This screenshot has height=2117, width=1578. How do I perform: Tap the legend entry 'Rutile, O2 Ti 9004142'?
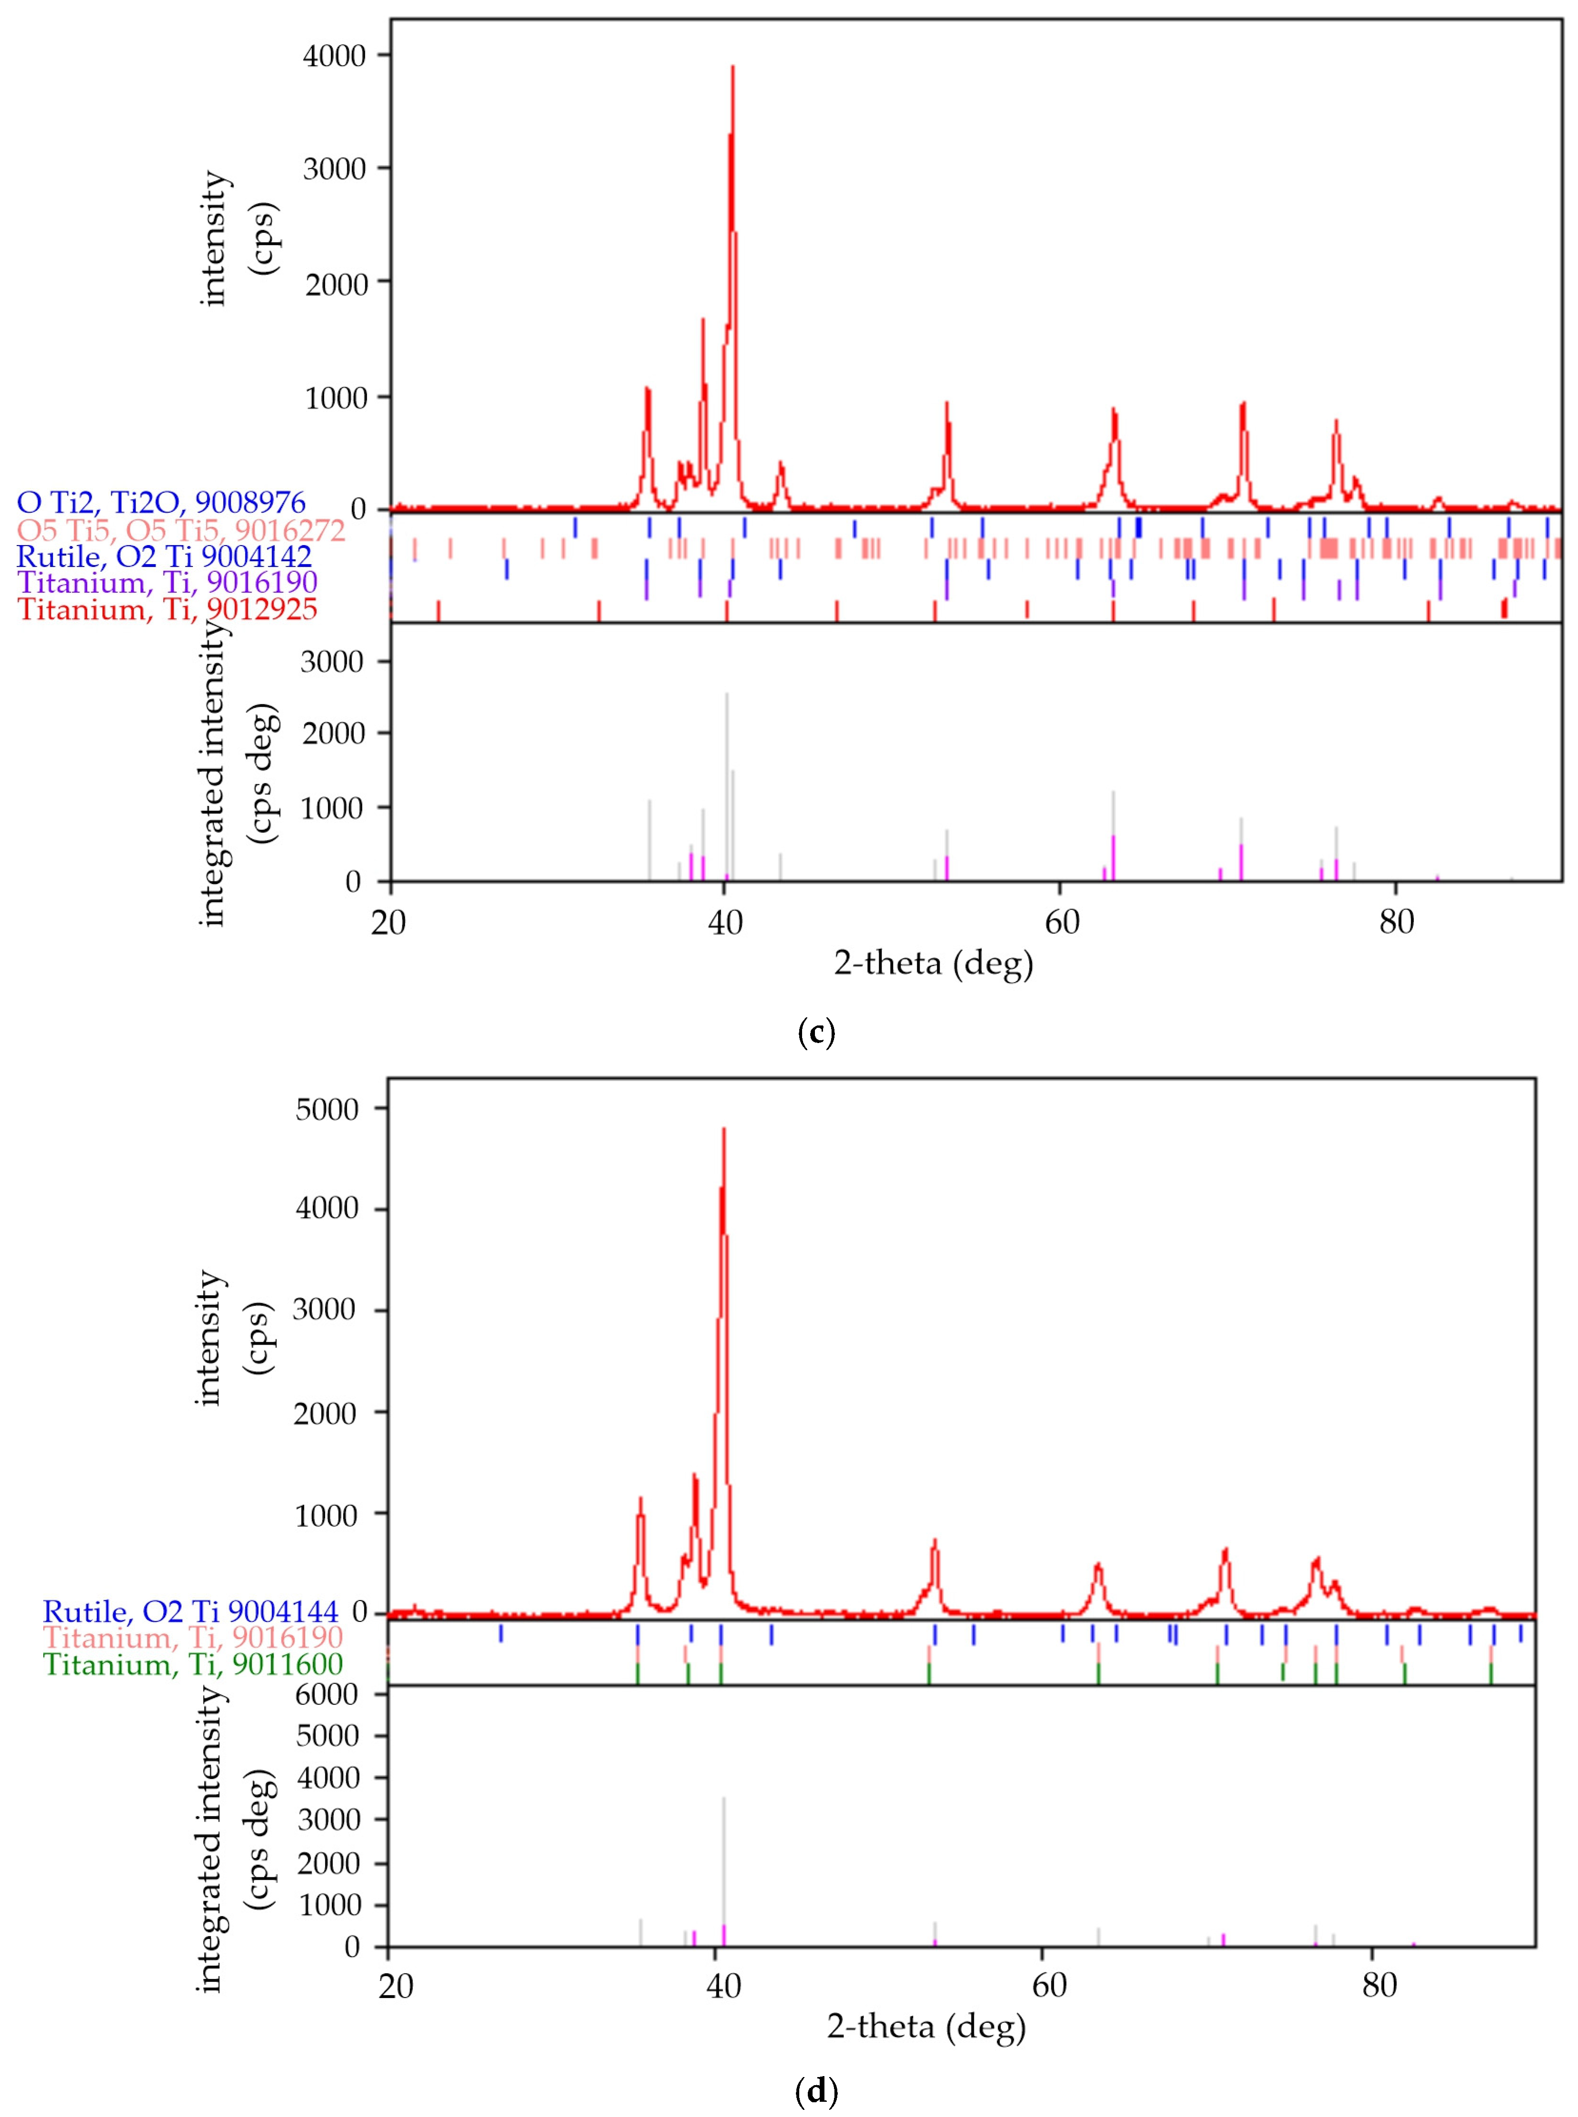(164, 556)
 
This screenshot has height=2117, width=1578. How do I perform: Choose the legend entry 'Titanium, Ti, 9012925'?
(168, 609)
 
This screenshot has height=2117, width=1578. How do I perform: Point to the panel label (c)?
(815, 1032)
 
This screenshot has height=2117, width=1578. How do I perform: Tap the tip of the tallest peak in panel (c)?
(733, 67)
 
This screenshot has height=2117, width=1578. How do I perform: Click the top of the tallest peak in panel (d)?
(724, 1129)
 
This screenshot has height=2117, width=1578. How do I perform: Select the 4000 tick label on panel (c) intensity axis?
(334, 56)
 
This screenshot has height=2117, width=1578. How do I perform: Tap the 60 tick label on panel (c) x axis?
(1060, 922)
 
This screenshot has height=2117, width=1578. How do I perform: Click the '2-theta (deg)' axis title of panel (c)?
(933, 963)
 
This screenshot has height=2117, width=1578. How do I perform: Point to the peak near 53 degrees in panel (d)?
(935, 1539)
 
